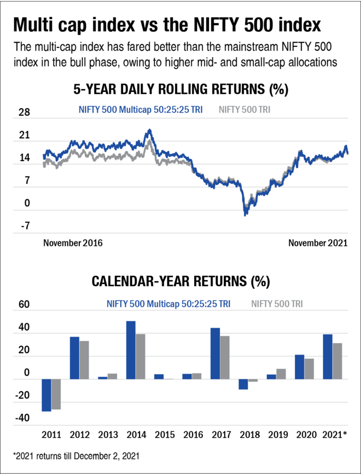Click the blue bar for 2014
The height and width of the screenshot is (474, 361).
[x=131, y=350]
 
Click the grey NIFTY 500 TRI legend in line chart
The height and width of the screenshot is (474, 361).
[x=244, y=109]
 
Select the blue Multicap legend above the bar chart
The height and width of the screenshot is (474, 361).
[x=168, y=304]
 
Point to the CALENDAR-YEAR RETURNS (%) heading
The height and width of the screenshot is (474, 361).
[x=180, y=282]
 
